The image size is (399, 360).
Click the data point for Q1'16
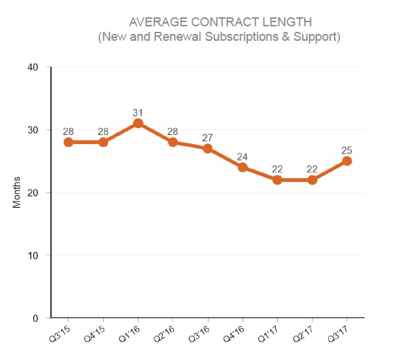click(x=138, y=123)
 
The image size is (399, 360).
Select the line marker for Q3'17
click(x=347, y=161)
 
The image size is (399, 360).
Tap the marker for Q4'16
click(x=242, y=167)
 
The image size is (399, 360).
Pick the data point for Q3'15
click(x=68, y=142)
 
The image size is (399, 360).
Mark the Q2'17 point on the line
click(x=312, y=180)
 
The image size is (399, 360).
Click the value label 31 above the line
click(x=138, y=112)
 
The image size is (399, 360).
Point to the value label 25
click(x=347, y=150)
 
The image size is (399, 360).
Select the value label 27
click(x=208, y=137)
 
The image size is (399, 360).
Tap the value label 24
click(x=242, y=156)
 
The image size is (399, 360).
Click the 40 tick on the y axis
click(x=35, y=67)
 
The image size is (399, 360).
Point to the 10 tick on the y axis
click(x=35, y=255)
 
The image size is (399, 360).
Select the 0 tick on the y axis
click(x=37, y=318)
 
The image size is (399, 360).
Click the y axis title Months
click(x=17, y=192)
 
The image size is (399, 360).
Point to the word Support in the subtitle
click(x=317, y=36)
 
